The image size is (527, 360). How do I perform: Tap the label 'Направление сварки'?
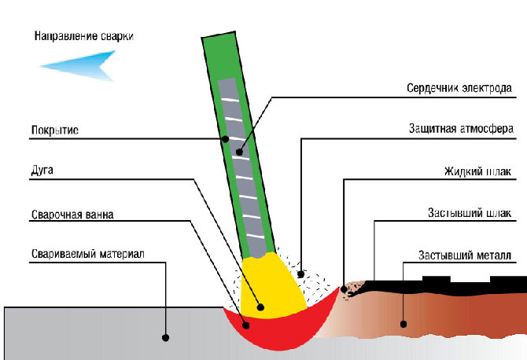tap(84, 36)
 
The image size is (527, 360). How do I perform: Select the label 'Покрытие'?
tap(55, 130)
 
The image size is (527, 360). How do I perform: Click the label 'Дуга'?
tap(42, 171)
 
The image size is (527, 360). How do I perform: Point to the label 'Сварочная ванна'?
tap(72, 215)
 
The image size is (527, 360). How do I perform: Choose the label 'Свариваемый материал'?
tap(88, 254)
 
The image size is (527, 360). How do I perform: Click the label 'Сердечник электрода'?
tap(459, 88)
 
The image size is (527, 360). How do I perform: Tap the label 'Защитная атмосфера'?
tap(461, 129)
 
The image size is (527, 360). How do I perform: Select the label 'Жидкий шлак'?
tap(477, 171)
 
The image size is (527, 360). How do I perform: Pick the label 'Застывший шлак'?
tap(470, 213)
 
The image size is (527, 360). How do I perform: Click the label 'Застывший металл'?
tap(465, 255)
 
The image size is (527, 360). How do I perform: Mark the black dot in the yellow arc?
tap(260, 307)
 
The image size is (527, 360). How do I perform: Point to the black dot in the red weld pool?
tap(246, 325)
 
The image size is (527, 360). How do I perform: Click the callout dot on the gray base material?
tap(165, 337)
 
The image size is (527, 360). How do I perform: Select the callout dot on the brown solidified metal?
tap(404, 324)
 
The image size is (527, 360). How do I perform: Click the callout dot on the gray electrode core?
tap(239, 152)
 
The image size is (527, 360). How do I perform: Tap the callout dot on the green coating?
tap(226, 138)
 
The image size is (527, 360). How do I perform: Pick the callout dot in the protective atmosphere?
tap(301, 274)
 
